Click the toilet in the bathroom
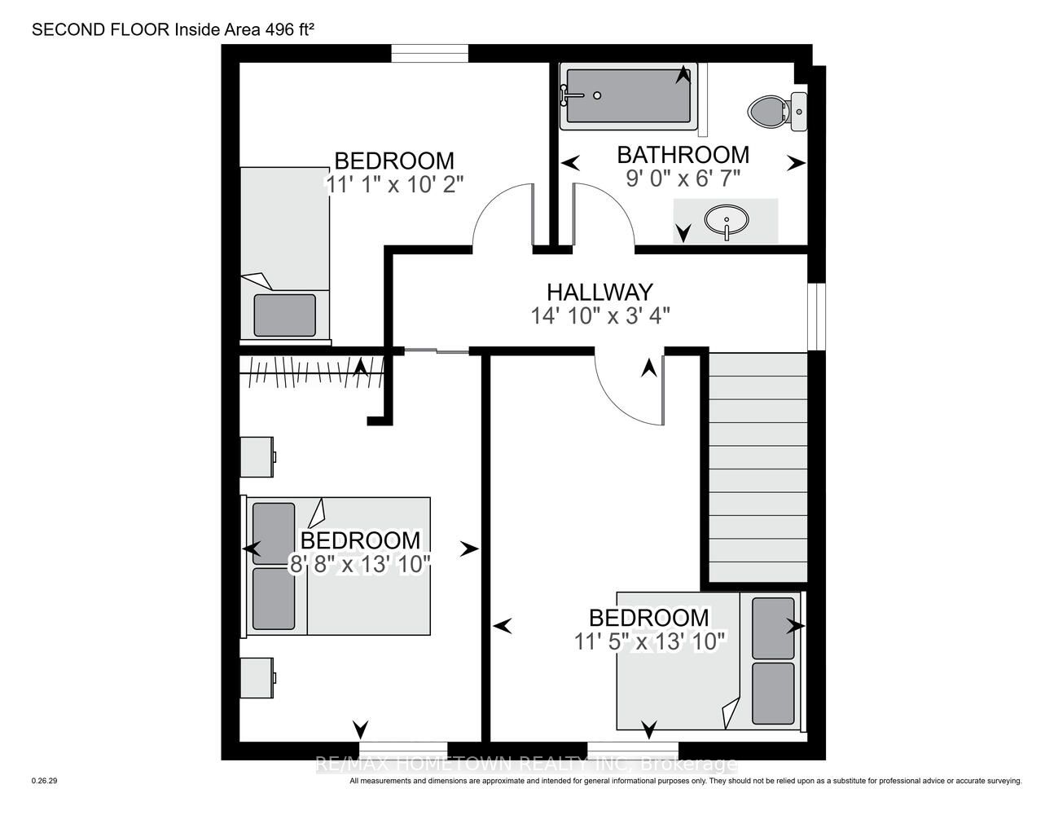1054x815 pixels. (777, 112)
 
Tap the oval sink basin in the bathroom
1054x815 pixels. (727, 220)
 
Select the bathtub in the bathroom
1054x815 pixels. (629, 96)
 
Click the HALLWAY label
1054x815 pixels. (599, 292)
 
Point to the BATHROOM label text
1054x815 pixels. (683, 155)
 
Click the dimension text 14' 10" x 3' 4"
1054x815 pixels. (600, 316)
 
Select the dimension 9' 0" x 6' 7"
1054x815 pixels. (683, 179)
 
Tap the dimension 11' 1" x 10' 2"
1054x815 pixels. (394, 184)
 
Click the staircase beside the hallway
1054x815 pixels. (758, 467)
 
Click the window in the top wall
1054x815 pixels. (430, 53)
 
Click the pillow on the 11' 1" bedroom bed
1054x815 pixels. (285, 315)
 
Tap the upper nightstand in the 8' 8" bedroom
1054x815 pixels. (257, 456)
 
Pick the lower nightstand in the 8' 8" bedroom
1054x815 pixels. (257, 677)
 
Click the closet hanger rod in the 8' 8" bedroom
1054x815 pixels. (312, 373)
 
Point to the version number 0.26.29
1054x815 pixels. (44, 781)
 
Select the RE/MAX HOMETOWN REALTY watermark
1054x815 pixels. (526, 764)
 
